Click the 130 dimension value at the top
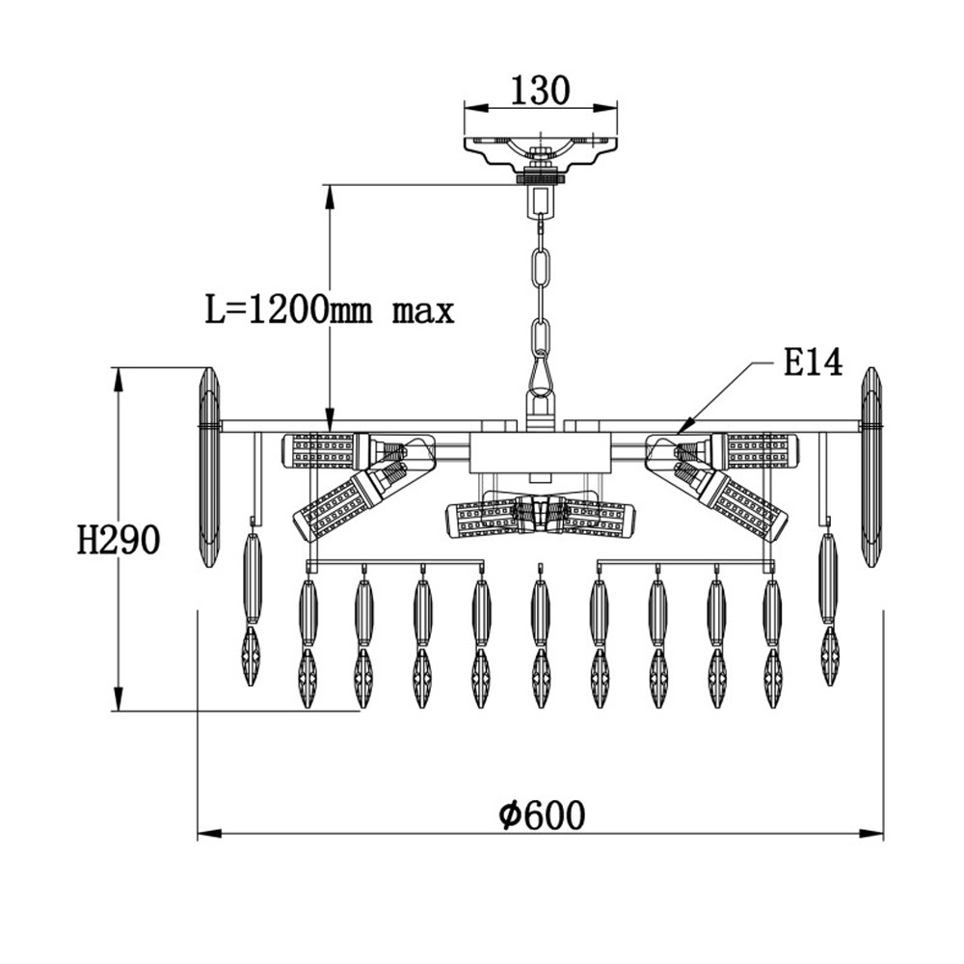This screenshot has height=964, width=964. (x=541, y=90)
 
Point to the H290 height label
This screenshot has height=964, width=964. (x=119, y=541)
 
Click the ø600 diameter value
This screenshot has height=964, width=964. (x=542, y=816)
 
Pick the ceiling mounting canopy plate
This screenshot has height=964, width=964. (x=541, y=152)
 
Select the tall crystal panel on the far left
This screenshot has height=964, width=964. (x=209, y=468)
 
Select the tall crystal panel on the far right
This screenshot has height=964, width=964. (x=870, y=468)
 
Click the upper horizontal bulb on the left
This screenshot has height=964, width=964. (x=326, y=450)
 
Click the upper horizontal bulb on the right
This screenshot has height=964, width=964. (x=755, y=450)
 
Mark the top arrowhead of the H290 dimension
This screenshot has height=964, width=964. (x=118, y=368)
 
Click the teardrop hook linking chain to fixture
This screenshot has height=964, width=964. (x=541, y=376)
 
